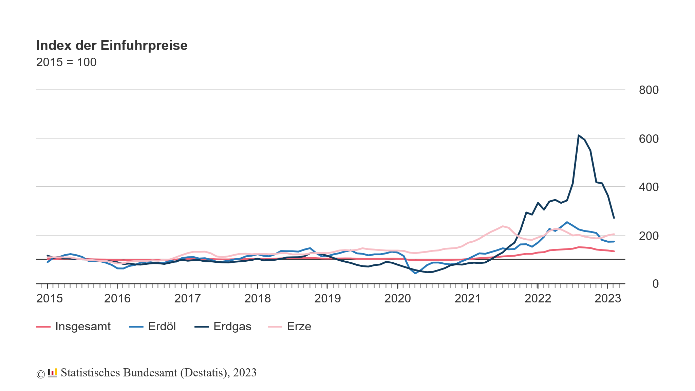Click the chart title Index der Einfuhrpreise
pos(112,45)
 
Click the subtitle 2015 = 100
pos(66,62)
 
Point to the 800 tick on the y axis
pos(649,90)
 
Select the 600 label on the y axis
pos(649,139)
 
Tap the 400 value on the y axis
pos(649,187)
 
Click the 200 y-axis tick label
pos(649,236)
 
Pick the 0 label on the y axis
pos(655,284)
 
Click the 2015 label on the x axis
pos(50,299)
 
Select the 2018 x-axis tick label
pos(258,299)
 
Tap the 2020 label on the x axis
pos(397,299)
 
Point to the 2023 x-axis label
pos(608,299)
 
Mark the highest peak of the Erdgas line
pos(579,135)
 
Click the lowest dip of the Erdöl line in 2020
pos(415,273)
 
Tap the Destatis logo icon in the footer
pos(52,373)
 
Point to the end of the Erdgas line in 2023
pos(614,218)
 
